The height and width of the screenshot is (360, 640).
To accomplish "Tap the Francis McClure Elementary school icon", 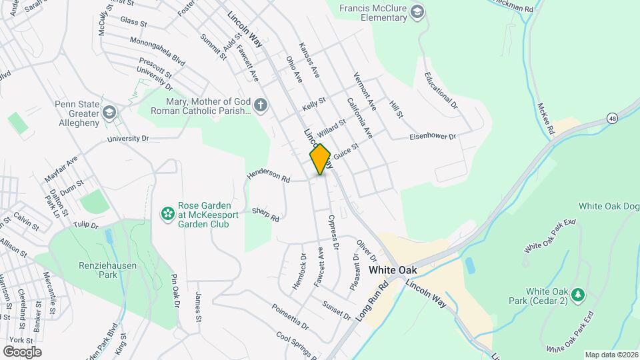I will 417,12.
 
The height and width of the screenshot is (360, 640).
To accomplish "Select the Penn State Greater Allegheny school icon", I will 109,111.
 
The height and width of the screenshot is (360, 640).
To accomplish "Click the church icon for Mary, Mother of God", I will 261,105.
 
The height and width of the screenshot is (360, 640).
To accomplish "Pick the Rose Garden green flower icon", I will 168,213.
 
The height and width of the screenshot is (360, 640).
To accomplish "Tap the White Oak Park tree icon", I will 579,294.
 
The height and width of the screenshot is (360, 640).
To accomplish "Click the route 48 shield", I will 612,118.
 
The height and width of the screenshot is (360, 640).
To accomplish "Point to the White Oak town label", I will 392,270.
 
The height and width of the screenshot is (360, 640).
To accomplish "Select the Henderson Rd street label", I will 269,175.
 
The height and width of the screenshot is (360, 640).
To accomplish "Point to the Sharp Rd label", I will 265,214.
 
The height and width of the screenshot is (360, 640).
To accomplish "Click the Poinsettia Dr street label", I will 290,317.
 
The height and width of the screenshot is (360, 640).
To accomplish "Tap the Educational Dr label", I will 441,91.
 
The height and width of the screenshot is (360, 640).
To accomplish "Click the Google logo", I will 22,352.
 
